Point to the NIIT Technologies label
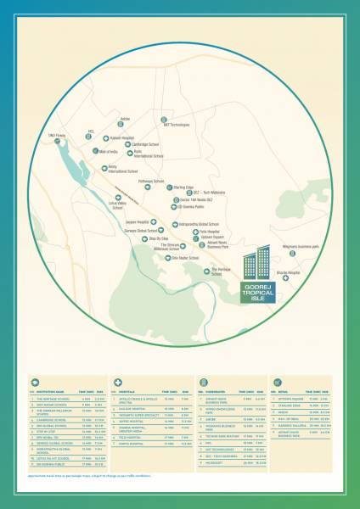coord(177,125)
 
